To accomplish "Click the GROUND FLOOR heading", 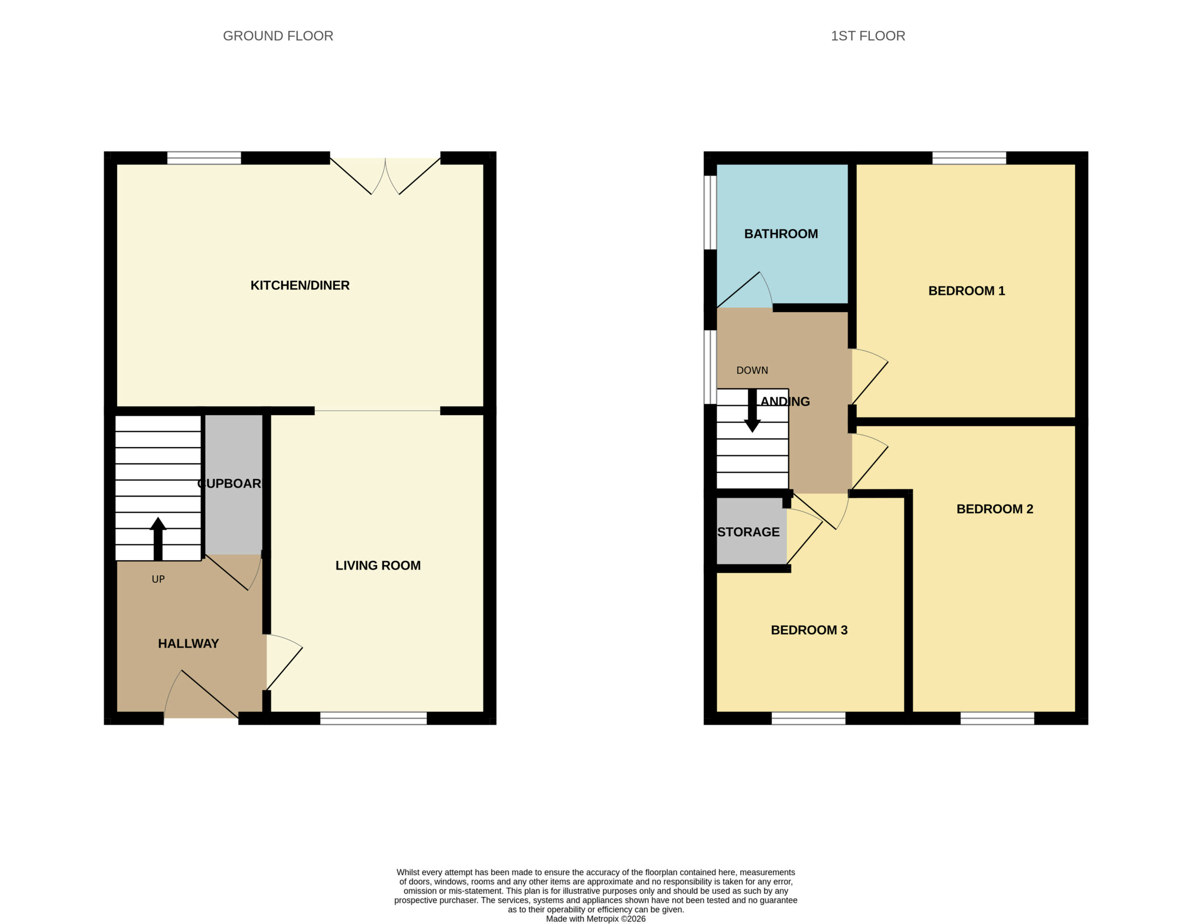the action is point(278,36).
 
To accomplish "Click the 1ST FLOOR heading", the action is point(868,36).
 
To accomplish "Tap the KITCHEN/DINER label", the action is point(300,285).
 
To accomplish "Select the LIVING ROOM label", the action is point(378,565).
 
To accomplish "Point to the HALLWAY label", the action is point(188,644).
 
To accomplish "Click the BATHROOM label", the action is point(781,234).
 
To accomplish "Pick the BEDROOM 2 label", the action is point(995,509).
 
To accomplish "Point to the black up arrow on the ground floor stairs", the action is point(158,539).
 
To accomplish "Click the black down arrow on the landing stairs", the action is point(752,410).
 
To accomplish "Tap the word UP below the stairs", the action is point(158,579).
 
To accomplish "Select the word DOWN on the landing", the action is point(752,370).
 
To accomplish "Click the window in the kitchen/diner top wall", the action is point(203,158).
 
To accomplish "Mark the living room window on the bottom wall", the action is point(373,718).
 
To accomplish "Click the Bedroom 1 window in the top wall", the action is point(969,158).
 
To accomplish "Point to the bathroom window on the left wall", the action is point(710,212).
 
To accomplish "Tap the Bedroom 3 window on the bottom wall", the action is point(808,718).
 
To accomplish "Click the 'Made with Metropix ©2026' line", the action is point(596,919).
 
